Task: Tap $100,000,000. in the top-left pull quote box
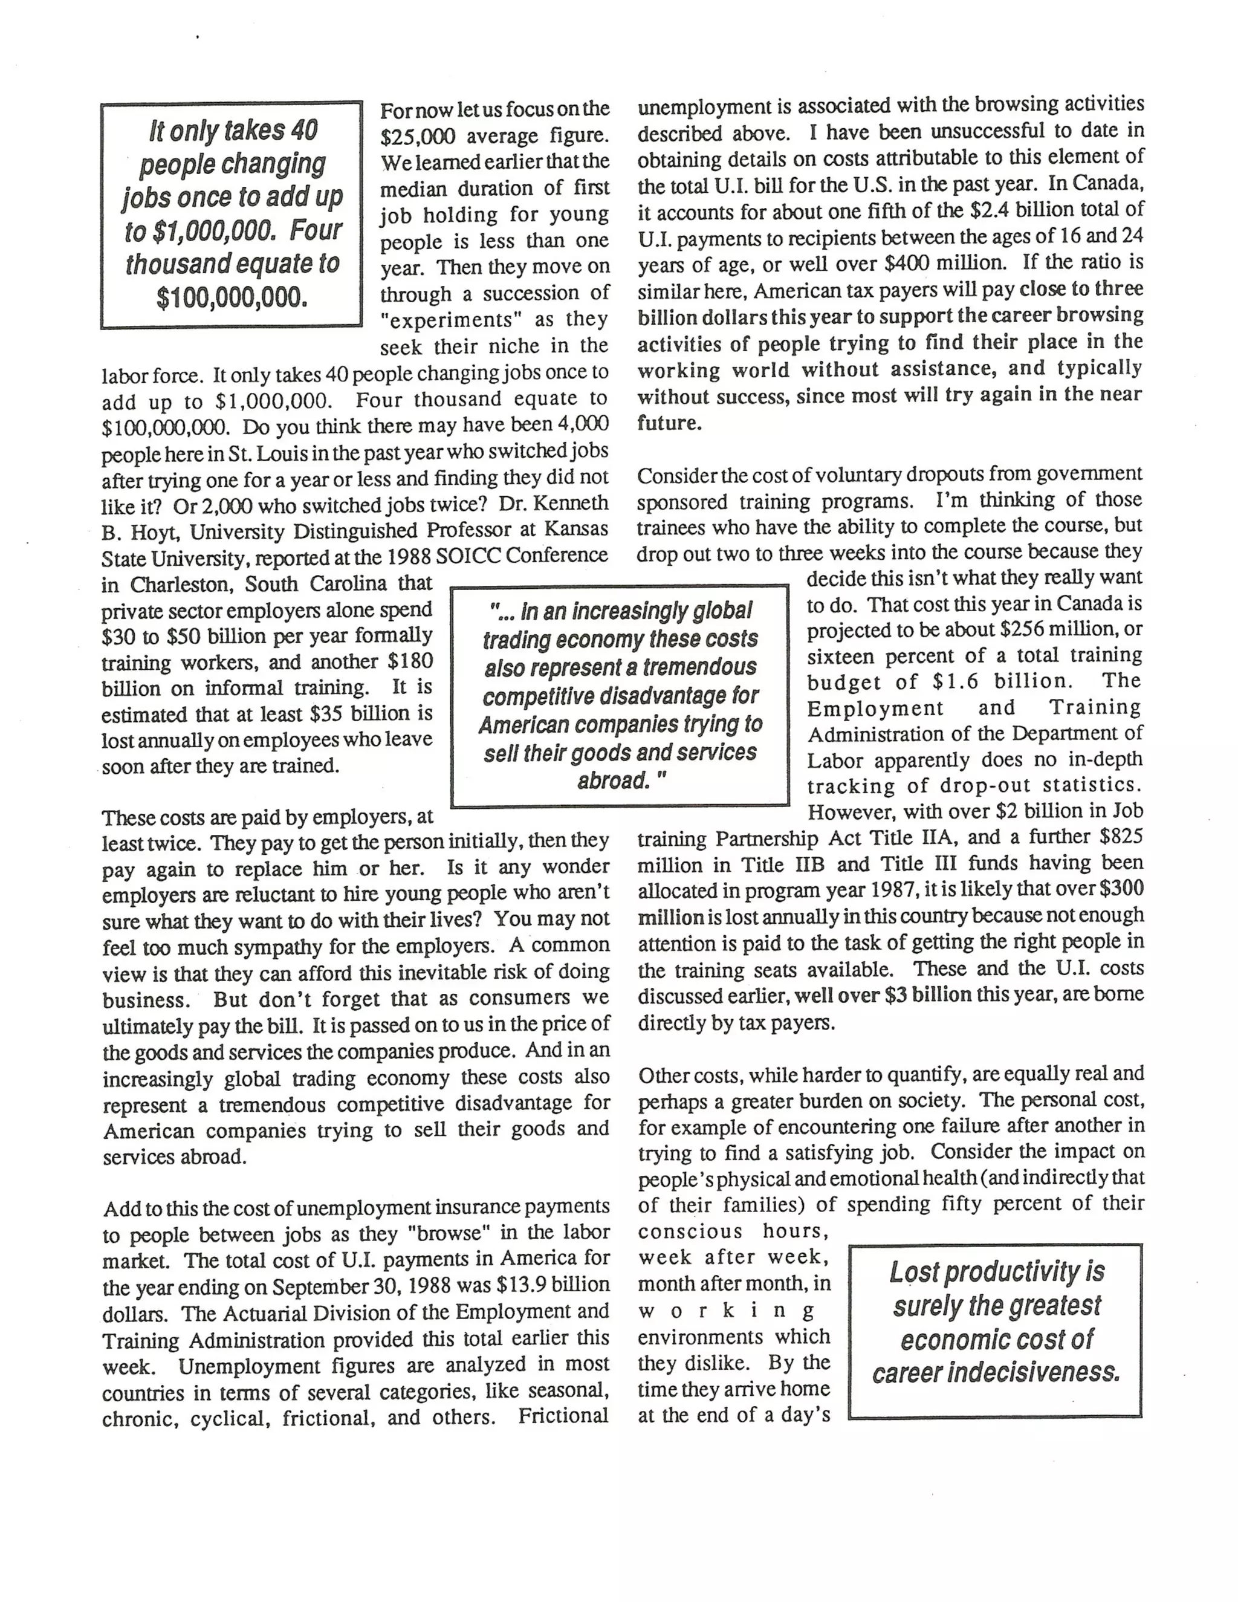(x=232, y=297)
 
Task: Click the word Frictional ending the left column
(x=563, y=1416)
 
